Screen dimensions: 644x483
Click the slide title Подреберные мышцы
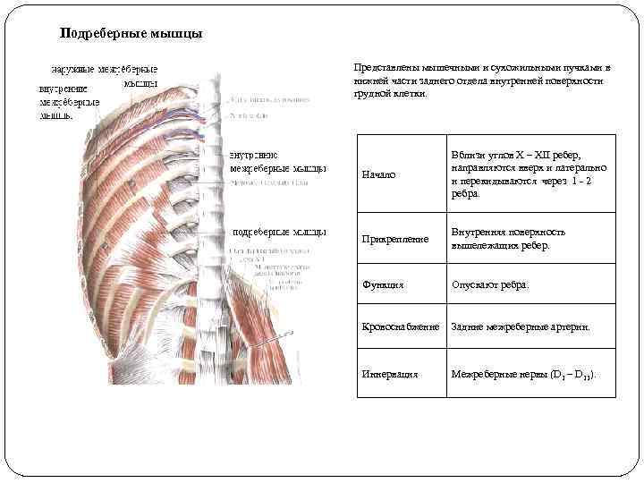pos(131,34)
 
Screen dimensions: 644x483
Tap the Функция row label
pos(383,285)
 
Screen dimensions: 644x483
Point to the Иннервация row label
pos(389,374)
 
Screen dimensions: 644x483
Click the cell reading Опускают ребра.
pos(490,285)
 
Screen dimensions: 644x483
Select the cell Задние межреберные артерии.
pos(521,327)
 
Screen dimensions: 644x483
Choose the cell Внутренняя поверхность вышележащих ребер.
pos(508,238)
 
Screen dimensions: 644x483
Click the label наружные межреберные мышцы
pos(106,76)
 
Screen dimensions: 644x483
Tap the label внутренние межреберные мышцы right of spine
pos(277,161)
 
